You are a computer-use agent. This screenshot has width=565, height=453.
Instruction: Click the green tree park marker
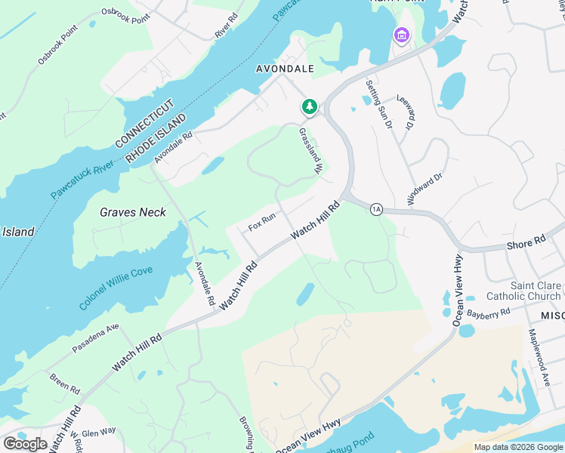click(x=309, y=107)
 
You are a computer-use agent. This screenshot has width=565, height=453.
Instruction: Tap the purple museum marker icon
click(x=400, y=35)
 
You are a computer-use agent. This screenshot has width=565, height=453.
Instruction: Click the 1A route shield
click(x=376, y=209)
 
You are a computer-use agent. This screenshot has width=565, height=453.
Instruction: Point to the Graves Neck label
click(x=133, y=212)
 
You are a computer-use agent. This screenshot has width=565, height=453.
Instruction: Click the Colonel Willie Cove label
click(x=116, y=288)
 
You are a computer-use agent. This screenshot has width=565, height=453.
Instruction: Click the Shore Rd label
click(x=526, y=242)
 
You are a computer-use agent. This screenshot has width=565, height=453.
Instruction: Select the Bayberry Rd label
click(x=489, y=312)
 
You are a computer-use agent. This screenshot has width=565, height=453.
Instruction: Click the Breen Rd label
click(x=64, y=383)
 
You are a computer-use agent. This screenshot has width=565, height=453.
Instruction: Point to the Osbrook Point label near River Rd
click(x=125, y=16)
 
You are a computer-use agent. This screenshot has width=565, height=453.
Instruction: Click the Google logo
click(x=25, y=444)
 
